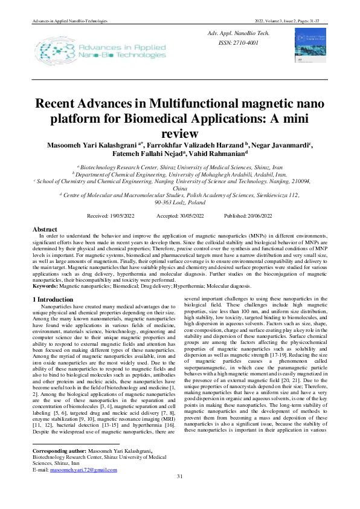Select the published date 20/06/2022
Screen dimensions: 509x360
click(x=257, y=216)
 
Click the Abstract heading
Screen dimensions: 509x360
click(x=45, y=230)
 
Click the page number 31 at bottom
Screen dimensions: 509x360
click(x=179, y=494)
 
